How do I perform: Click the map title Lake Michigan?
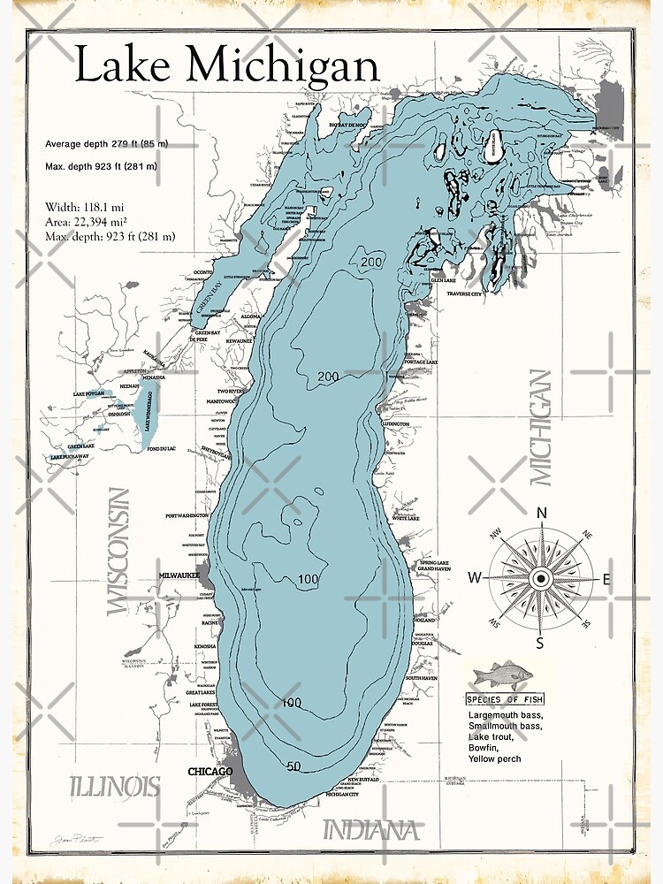click(x=226, y=66)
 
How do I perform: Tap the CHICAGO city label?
click(x=210, y=772)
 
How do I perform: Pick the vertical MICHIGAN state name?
click(x=540, y=427)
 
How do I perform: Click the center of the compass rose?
click(x=542, y=578)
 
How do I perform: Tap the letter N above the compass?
click(x=542, y=514)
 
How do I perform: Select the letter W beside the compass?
click(x=475, y=578)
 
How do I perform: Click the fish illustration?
click(x=503, y=676)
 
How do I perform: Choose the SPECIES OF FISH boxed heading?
click(x=505, y=699)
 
